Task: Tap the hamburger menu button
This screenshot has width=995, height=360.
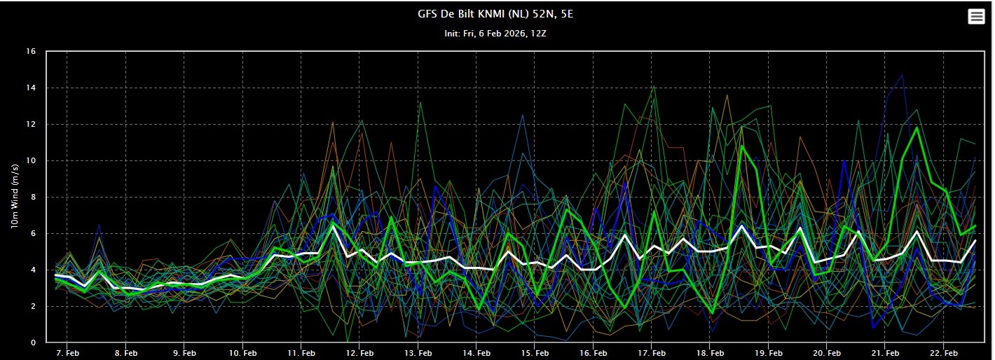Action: point(976,17)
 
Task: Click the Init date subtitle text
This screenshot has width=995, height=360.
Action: point(496,33)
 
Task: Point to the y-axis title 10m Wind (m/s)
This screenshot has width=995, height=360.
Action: point(14,197)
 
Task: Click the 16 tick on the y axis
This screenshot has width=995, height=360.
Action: point(31,52)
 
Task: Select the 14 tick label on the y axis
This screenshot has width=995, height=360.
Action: point(31,88)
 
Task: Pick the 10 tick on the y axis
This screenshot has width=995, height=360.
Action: point(31,161)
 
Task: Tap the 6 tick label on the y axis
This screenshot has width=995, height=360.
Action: point(33,234)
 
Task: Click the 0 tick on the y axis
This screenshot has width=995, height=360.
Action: point(33,342)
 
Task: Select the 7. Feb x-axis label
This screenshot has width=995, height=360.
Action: point(67,352)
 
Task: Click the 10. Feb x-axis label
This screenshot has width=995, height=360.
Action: point(242,352)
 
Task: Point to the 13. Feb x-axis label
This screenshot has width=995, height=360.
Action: point(418,352)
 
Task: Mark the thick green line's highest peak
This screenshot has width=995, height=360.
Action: point(917,127)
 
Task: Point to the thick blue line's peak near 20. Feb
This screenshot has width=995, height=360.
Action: point(844,161)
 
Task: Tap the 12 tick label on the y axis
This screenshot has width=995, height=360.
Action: point(31,125)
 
